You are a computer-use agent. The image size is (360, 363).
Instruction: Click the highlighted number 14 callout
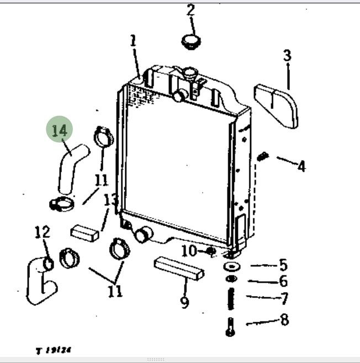[60, 130]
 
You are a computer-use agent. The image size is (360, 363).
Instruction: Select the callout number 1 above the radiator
[133, 40]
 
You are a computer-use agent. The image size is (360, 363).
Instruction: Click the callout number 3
[287, 55]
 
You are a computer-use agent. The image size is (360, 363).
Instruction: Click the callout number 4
[301, 166]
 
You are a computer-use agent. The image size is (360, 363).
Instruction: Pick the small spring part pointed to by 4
[263, 157]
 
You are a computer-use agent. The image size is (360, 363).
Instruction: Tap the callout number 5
[283, 265]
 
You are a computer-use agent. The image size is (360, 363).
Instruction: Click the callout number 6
[283, 282]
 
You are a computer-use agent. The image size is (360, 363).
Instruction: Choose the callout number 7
[284, 299]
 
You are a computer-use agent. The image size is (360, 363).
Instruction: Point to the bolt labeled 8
[231, 327]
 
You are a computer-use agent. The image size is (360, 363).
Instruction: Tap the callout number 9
[184, 302]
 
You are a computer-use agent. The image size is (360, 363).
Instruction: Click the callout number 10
[189, 251]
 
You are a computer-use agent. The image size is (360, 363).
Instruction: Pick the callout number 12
[43, 233]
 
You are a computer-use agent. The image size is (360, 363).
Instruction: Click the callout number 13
[110, 199]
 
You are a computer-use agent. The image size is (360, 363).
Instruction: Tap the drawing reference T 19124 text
[54, 350]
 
